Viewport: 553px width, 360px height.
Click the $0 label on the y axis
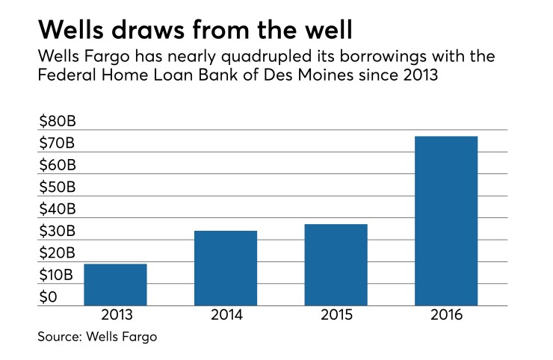pos(48,297)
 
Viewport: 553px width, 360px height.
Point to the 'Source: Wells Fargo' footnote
pos(97,338)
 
